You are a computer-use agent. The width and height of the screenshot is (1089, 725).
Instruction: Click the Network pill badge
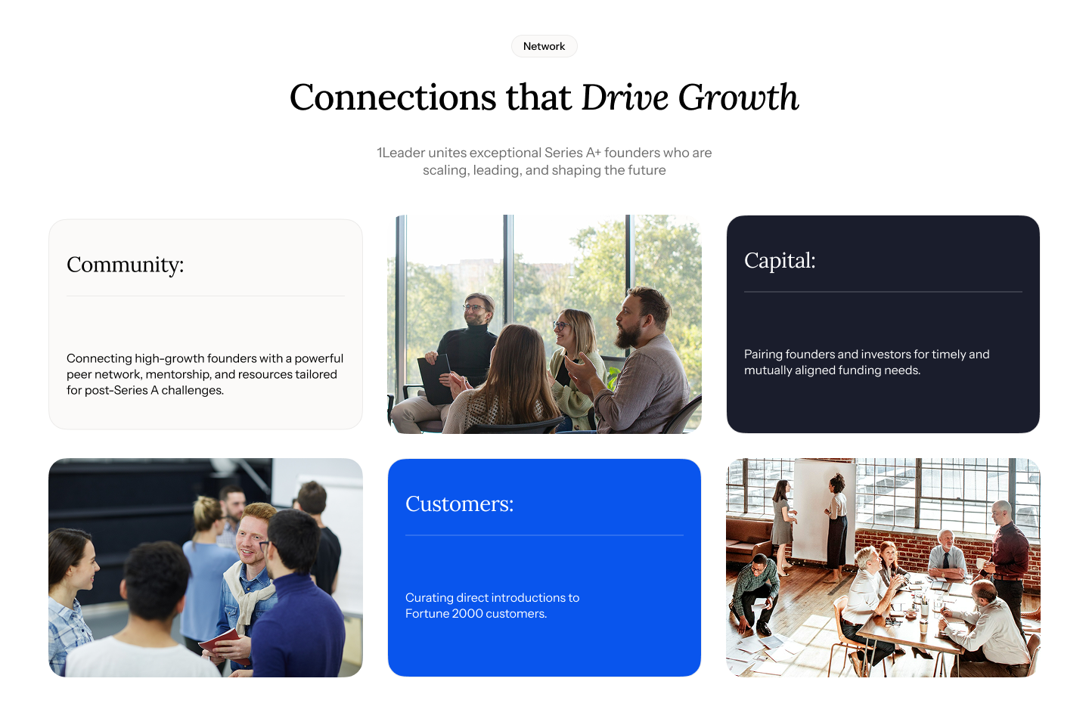pos(544,46)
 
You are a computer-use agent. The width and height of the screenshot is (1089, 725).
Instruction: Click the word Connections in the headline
pos(392,98)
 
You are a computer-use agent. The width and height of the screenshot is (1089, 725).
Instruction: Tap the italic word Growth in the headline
pos(738,98)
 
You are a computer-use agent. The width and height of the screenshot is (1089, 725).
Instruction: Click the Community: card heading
pos(126,265)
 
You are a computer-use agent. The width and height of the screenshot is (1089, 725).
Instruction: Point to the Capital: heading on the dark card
pos(779,261)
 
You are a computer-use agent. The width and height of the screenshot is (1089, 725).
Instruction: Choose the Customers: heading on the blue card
pos(460,504)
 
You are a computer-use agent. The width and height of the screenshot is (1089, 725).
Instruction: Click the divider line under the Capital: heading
pos(883,292)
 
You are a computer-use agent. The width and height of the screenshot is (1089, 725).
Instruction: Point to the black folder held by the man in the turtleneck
pos(435,379)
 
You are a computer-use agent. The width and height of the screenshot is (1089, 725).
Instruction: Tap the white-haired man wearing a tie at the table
pos(946,554)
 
